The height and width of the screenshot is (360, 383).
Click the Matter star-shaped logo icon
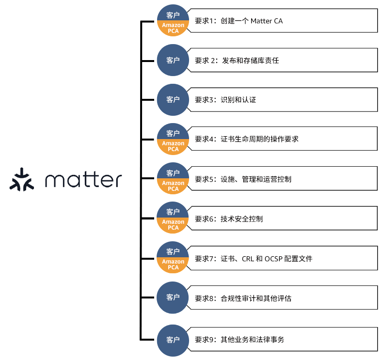click(22, 180)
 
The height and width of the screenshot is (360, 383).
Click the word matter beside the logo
click(83, 180)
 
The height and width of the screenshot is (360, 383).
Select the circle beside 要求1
click(173, 21)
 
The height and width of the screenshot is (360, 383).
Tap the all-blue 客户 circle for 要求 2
click(173, 61)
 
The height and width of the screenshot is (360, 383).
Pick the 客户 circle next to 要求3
click(173, 100)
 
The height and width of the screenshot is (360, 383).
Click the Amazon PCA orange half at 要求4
click(173, 146)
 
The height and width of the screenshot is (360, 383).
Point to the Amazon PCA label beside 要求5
click(173, 186)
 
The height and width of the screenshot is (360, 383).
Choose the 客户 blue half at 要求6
click(173, 212)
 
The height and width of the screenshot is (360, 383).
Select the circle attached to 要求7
click(173, 258)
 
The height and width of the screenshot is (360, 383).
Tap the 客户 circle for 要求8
click(173, 297)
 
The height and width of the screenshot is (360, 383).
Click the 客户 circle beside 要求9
click(173, 339)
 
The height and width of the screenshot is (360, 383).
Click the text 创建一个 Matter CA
click(251, 21)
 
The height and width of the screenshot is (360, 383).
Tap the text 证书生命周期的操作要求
click(259, 139)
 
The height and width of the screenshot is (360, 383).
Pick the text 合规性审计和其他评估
click(256, 298)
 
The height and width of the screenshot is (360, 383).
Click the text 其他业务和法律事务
click(252, 340)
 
